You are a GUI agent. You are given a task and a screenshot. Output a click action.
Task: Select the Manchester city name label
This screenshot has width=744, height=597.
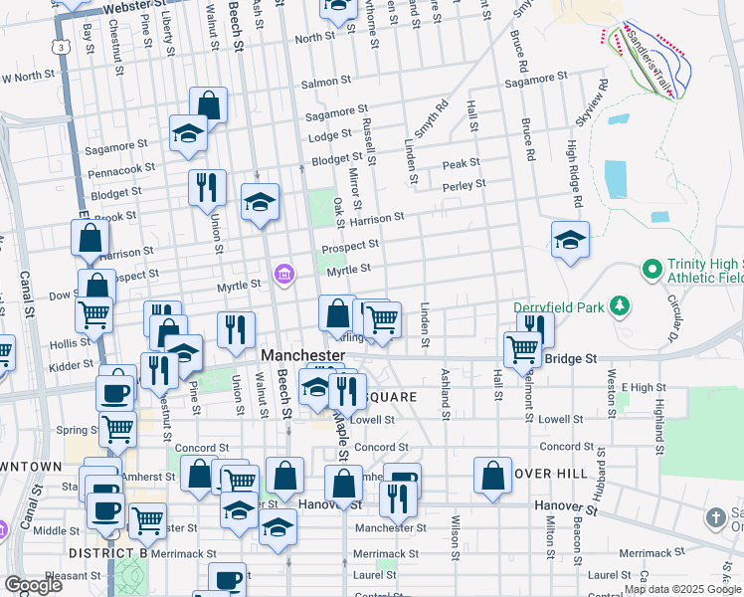click(302, 355)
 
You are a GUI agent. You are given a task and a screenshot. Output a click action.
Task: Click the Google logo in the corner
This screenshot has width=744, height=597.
click(34, 585)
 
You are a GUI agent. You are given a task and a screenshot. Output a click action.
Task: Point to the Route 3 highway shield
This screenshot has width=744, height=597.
click(64, 46)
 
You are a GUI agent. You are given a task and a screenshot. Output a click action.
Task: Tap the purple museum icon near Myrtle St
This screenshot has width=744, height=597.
click(284, 273)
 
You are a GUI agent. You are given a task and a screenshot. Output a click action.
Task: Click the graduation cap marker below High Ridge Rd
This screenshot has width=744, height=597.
click(571, 240)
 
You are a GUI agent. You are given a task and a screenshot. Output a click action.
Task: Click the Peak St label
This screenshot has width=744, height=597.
click(462, 163)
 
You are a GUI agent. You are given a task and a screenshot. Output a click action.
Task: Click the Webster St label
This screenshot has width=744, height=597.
click(132, 7)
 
